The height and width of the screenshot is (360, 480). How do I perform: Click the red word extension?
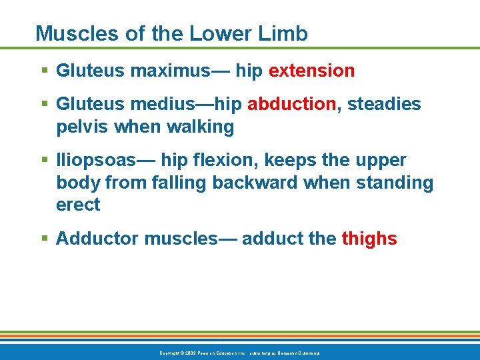[311, 71]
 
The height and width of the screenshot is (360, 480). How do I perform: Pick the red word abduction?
[291, 105]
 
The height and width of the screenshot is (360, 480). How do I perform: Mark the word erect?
[78, 205]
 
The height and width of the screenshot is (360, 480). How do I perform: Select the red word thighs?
[369, 239]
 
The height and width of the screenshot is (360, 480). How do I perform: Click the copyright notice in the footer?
[239, 352]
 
